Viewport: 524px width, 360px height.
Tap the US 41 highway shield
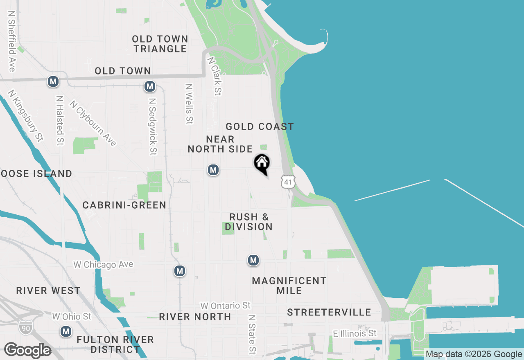click(x=288, y=182)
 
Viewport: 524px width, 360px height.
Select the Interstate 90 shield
click(x=25, y=326)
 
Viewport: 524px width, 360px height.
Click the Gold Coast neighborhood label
click(x=260, y=126)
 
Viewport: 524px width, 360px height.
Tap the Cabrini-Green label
click(x=124, y=205)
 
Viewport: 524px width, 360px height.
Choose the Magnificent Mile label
click(x=289, y=286)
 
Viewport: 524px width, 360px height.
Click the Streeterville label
click(x=329, y=313)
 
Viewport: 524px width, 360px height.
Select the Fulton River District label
click(x=115, y=344)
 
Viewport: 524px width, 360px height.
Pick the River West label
click(x=48, y=291)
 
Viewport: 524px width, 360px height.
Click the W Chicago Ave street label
click(x=103, y=265)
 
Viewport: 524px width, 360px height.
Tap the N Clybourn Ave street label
click(x=93, y=123)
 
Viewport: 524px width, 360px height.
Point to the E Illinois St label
click(x=355, y=334)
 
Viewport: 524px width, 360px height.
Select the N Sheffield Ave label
click(x=11, y=41)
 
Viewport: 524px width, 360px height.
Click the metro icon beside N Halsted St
click(x=53, y=82)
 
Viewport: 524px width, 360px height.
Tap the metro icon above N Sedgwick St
click(x=150, y=86)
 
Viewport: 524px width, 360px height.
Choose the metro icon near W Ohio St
click(x=65, y=332)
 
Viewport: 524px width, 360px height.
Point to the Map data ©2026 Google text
click(x=474, y=354)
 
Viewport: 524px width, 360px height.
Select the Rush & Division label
click(x=248, y=222)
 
